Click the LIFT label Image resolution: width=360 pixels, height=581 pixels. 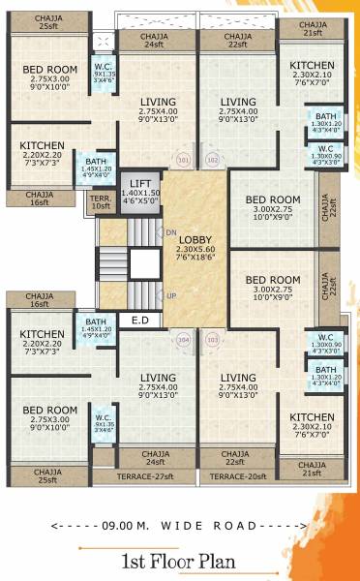click(140, 182)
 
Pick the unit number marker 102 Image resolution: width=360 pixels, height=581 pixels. click(213, 160)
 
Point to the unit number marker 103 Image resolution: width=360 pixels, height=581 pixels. click(213, 340)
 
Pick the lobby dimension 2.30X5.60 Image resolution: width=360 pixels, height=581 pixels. click(195, 250)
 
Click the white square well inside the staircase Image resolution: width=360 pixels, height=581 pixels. click(144, 263)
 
